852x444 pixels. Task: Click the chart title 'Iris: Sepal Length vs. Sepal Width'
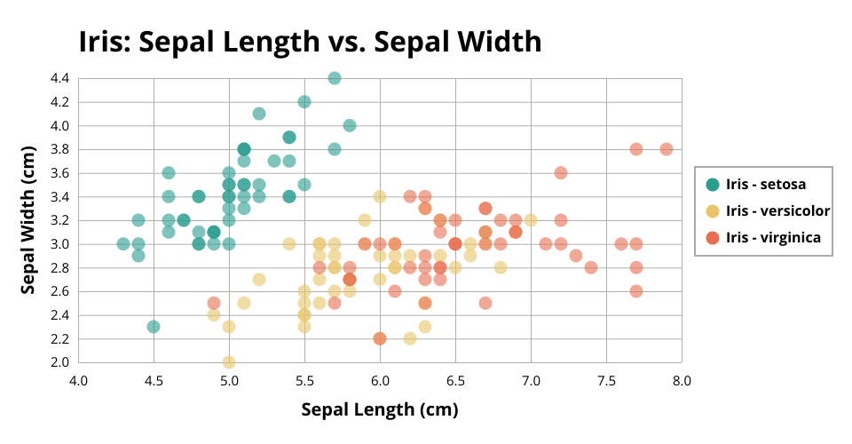tap(310, 42)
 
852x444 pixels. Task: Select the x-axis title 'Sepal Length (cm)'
tap(380, 409)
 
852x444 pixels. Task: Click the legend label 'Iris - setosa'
tap(766, 185)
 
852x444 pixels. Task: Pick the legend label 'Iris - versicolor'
tap(777, 210)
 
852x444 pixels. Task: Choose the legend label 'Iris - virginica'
tap(773, 237)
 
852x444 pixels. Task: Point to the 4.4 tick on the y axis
tap(59, 78)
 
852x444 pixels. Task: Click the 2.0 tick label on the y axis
tap(59, 362)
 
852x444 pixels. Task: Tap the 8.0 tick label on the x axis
tap(682, 381)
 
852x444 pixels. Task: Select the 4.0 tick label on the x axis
tap(79, 381)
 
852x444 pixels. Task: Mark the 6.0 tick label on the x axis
tap(380, 381)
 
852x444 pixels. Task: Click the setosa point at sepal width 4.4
tap(335, 78)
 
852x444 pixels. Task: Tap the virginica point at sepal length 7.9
tap(667, 149)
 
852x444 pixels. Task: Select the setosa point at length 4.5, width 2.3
tap(154, 327)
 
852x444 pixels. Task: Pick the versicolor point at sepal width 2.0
tap(229, 362)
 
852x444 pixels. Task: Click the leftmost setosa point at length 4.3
tap(123, 243)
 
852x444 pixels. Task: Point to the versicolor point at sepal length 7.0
tap(531, 219)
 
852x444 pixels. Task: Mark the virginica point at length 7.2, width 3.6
tap(561, 172)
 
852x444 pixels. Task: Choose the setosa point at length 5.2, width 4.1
tap(259, 114)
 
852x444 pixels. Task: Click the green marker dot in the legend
tap(712, 185)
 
